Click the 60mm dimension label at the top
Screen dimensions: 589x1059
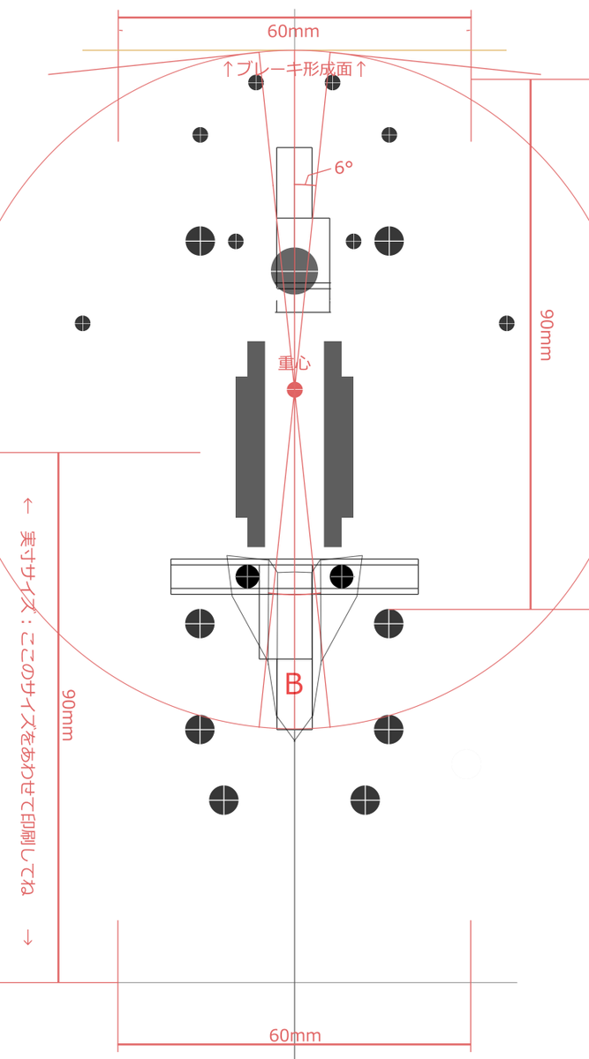point(293,31)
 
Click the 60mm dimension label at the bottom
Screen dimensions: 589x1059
point(295,1035)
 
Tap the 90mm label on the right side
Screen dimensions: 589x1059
point(546,335)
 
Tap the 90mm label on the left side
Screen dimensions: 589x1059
point(68,715)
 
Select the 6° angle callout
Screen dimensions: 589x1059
point(344,168)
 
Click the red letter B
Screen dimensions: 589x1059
point(294,684)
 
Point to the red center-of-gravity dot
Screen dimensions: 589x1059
point(295,390)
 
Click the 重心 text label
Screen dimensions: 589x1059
point(294,363)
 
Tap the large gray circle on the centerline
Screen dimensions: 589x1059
point(294,271)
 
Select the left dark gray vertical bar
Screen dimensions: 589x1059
point(250,444)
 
